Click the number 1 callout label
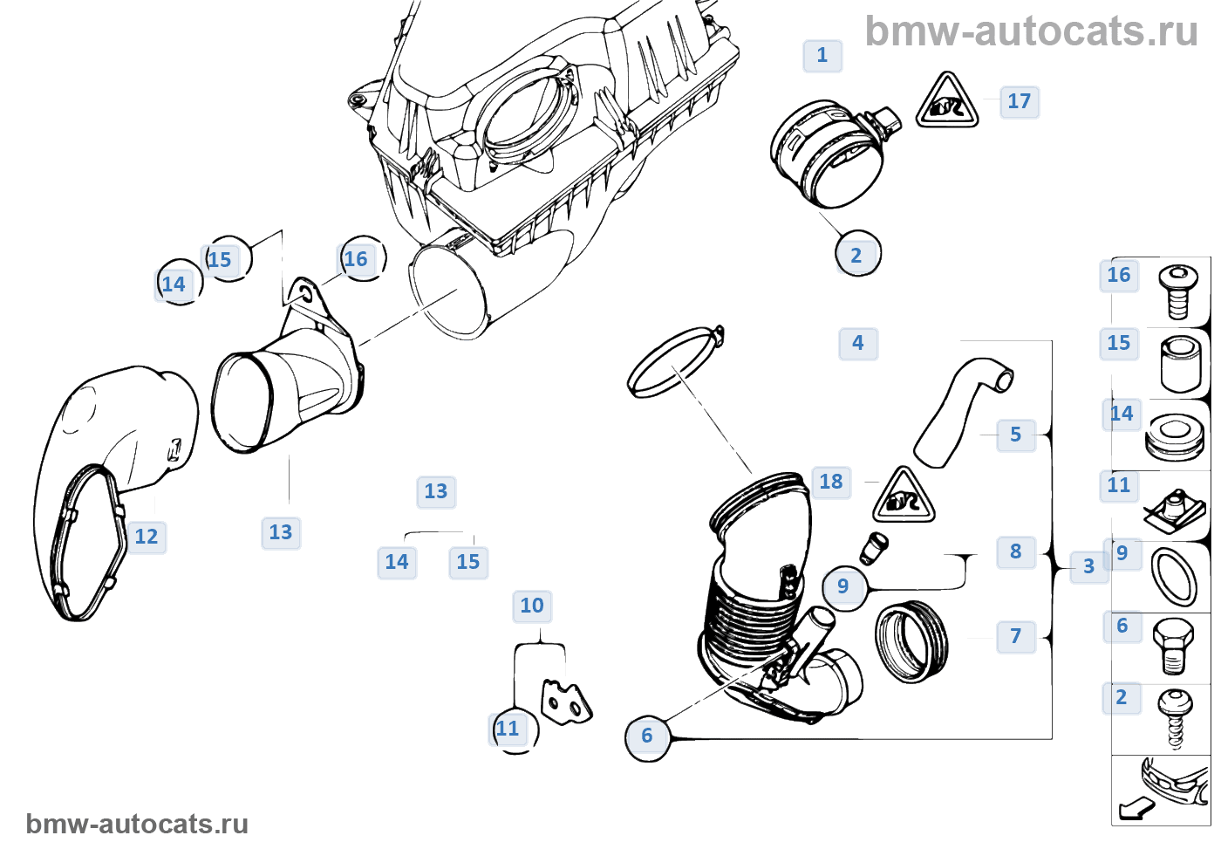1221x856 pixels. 822,56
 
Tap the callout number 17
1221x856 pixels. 1019,101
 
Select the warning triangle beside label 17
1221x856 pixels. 946,103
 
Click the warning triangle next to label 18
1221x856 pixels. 904,497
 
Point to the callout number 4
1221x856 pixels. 858,343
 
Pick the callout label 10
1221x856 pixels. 532,606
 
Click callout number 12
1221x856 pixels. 147,537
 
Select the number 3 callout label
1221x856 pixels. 1088,566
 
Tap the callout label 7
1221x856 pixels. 1015,636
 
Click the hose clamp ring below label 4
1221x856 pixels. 674,363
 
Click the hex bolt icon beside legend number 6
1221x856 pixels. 1172,644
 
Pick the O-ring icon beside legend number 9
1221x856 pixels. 1174,576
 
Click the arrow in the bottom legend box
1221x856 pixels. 1136,809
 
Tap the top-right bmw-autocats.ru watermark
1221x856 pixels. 1031,32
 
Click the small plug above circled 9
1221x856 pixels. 874,546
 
